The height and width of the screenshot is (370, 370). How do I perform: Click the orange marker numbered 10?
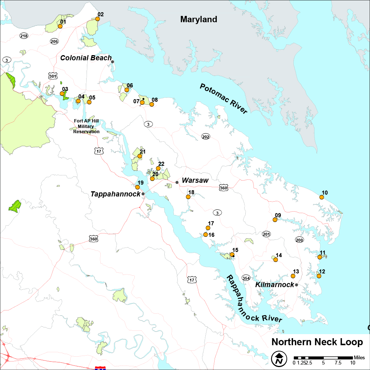(322, 198)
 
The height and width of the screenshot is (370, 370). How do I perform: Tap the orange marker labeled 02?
(98, 19)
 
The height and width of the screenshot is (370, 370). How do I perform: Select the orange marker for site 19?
(138, 187)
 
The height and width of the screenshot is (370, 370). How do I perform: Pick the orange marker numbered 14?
(275, 260)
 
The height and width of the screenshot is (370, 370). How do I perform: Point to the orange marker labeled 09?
(275, 220)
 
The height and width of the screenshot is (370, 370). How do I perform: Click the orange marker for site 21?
(140, 156)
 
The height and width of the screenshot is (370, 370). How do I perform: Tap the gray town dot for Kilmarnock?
(296, 285)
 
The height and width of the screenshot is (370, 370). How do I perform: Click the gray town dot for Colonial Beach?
(113, 62)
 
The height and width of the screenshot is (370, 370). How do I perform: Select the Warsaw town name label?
(195, 180)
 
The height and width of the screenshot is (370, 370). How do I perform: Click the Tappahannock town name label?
(115, 194)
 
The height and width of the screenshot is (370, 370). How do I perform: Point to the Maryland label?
(199, 19)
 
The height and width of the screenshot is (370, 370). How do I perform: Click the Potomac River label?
(223, 98)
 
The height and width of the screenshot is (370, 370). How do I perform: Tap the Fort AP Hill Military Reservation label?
(86, 127)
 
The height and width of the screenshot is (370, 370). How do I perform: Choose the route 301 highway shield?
(53, 76)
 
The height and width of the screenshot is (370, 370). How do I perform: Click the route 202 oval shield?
(206, 137)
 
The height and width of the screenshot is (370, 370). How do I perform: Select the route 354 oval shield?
(246, 278)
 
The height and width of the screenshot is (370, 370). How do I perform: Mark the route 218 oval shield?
(24, 36)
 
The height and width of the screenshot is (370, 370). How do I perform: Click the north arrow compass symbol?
(280, 358)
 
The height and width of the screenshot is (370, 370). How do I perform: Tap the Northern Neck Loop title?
(317, 342)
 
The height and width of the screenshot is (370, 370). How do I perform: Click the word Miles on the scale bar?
(359, 357)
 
